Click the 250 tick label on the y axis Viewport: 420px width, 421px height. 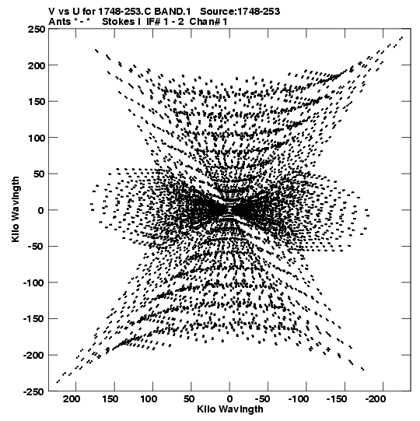coord(37,30)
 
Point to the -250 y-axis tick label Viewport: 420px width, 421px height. coord(33,391)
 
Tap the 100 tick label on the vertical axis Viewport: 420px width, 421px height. coord(37,138)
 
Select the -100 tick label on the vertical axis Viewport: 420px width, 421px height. coord(33,282)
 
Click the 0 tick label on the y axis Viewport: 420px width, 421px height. coord(40,210)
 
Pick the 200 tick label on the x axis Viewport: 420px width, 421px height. coord(72,399)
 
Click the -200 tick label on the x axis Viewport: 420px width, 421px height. coord(376,399)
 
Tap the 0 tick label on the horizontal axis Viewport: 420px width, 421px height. coord(229,399)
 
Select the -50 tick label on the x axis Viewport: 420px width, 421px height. coord(262,399)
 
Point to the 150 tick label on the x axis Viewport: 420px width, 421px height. coord(110,399)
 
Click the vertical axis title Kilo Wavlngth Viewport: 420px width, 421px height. coord(16,209)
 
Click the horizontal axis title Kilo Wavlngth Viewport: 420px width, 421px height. coord(230,409)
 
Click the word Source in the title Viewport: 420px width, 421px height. coord(218,12)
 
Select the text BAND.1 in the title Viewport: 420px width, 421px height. coord(173,12)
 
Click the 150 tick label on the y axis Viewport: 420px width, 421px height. coord(37,102)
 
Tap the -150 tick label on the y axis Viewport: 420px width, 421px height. coord(33,319)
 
